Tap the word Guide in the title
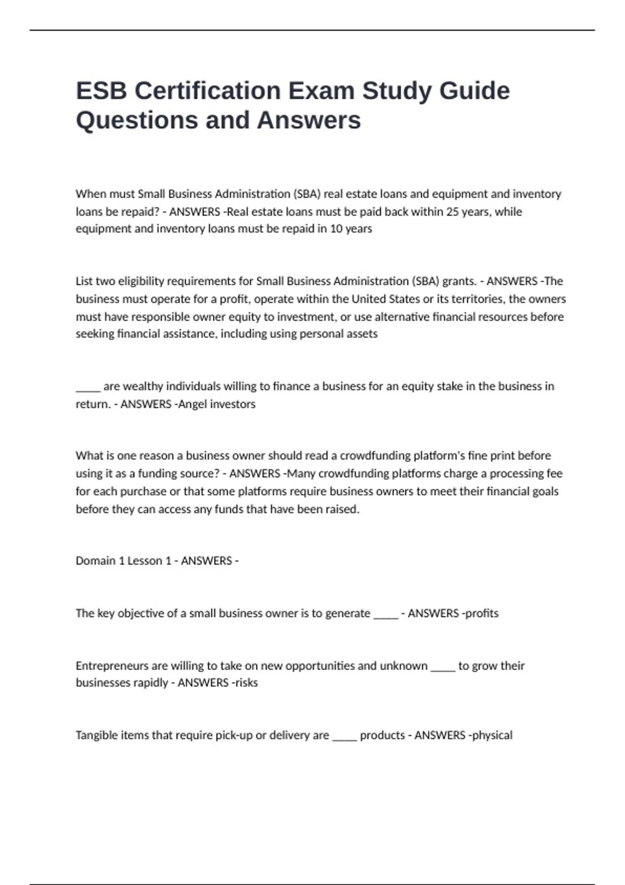tap(474, 91)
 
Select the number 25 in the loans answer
tap(453, 212)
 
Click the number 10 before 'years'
tap(336, 229)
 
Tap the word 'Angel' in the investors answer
tap(194, 404)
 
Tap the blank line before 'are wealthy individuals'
tap(87, 388)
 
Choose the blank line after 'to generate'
tap(385, 615)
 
